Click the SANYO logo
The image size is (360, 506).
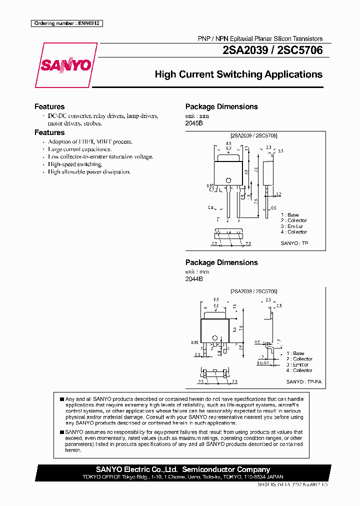tap(65, 65)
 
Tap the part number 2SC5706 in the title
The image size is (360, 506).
tap(300, 50)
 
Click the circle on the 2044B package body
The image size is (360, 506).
tap(214, 337)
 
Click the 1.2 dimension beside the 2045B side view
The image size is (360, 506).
tap(278, 194)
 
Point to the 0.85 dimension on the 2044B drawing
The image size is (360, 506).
tap(195, 342)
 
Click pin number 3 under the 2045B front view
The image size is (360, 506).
tap(238, 220)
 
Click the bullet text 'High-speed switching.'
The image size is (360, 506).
tap(75, 164)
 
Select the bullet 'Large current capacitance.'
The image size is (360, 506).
tap(80, 149)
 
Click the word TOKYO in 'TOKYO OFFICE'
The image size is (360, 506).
tap(91, 477)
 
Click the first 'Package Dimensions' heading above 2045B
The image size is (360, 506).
tap(221, 106)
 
